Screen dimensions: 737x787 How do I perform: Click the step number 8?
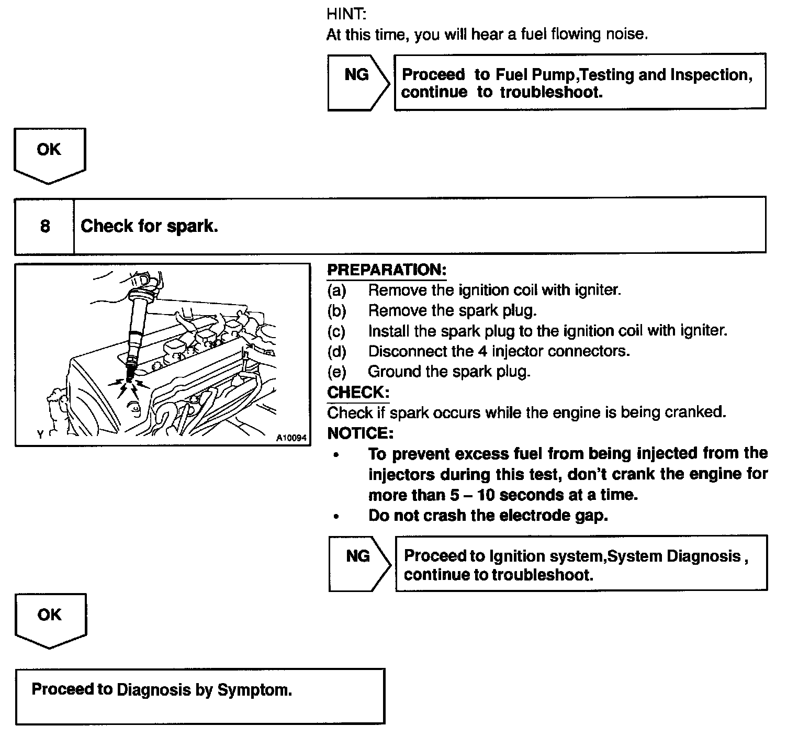[x=45, y=226]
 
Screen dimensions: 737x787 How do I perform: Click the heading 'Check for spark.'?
[x=149, y=226]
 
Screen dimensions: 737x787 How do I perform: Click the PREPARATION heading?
[x=387, y=270]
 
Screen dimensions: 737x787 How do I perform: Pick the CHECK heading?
[x=358, y=393]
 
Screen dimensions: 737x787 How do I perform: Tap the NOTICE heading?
[x=360, y=433]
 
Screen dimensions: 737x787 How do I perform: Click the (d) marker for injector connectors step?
[x=337, y=351]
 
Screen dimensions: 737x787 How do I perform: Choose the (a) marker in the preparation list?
[x=337, y=290]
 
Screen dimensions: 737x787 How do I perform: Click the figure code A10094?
[x=291, y=438]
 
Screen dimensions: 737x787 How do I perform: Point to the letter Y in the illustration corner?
[x=40, y=434]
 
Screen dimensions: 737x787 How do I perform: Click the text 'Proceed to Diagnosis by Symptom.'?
[x=162, y=689]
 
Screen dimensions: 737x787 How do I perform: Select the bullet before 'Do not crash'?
[x=336, y=516]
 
